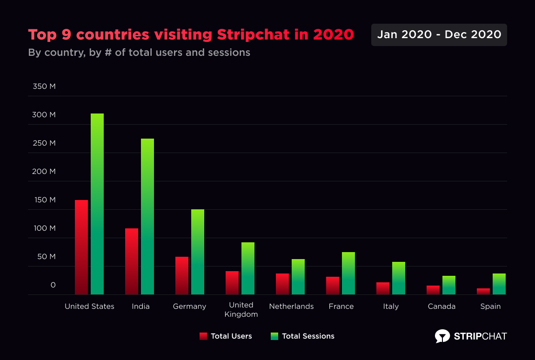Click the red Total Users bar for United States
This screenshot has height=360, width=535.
pos(81,247)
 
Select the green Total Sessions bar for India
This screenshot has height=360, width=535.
pos(147,216)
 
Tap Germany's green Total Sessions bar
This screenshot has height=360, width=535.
pos(198,252)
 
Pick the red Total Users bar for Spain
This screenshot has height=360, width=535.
pos(483,291)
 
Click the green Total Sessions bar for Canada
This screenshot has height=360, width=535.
pos(449,285)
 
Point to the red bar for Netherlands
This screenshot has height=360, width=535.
pos(282,284)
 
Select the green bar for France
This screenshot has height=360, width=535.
pos(348,273)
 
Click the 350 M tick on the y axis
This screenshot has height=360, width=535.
pos(44,87)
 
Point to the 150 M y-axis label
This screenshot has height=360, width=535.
pos(44,200)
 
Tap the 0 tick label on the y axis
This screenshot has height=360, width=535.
pos(53,285)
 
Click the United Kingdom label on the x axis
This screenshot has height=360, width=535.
pos(241,310)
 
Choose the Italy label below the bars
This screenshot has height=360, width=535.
pos(391,307)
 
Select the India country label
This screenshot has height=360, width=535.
pos(140,307)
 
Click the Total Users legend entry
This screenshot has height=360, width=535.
pos(226,336)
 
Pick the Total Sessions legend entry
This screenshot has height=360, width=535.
pos(302,336)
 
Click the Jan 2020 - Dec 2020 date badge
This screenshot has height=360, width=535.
pos(439,35)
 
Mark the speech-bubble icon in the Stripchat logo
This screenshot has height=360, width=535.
pos(442,336)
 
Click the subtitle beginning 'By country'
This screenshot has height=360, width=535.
pos(139,53)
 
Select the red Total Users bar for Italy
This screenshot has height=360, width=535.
pos(383,288)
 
